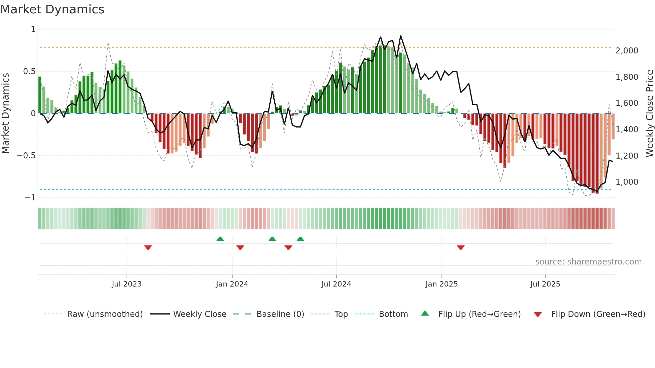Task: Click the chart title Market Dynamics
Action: [x=52, y=9]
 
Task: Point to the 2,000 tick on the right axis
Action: [x=627, y=51]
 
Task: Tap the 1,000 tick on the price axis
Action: [x=627, y=182]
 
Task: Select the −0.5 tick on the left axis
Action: [x=26, y=156]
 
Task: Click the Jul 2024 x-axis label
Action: [x=336, y=284]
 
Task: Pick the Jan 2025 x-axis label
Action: [x=441, y=284]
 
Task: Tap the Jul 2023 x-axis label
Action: [x=127, y=284]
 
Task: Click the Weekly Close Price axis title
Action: [x=649, y=114]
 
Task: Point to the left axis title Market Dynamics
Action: [x=5, y=114]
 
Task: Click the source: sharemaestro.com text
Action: [x=588, y=262]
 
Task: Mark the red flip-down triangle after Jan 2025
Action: [x=461, y=247]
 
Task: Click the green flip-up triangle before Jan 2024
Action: [x=220, y=239]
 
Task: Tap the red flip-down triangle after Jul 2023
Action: [x=148, y=247]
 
